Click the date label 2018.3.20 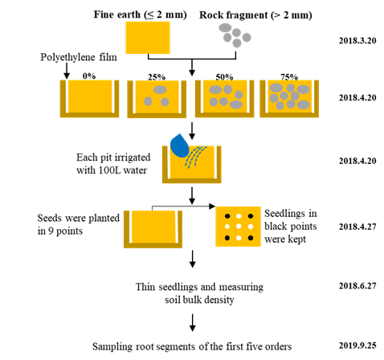(357, 41)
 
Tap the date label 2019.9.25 (357, 346)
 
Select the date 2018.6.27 (357, 286)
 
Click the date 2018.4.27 (357, 227)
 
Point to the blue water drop (179, 146)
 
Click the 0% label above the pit (89, 76)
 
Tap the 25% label (157, 77)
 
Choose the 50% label (224, 77)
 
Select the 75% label (289, 77)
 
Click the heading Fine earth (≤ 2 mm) (140, 14)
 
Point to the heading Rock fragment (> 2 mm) (255, 15)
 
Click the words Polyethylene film (79, 57)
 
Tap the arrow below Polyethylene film (67, 71)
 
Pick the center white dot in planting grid (239, 227)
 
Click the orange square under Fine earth (148, 38)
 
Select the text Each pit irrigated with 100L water (113, 164)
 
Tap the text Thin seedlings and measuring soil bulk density (199, 293)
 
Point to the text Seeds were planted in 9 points (79, 224)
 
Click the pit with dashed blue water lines (192, 165)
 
